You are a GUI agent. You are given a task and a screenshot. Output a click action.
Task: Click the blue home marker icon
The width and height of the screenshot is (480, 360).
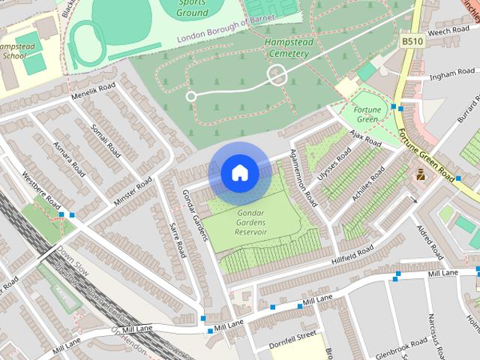point(239,173)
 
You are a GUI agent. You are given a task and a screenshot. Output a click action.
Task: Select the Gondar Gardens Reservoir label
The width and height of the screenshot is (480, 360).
point(251,223)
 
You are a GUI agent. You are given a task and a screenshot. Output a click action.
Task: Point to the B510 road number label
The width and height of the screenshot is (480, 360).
point(411,41)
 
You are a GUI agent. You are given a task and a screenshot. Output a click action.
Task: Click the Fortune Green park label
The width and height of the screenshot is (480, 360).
point(367,115)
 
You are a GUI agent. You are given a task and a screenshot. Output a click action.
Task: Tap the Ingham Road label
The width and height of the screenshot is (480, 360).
point(452,74)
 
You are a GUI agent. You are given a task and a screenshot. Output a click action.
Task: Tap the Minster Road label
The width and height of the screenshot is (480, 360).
point(133,193)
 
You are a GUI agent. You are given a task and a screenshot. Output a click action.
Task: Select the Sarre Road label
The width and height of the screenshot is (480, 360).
point(177,239)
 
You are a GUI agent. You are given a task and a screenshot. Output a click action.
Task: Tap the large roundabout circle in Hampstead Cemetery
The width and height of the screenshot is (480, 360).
point(277,75)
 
